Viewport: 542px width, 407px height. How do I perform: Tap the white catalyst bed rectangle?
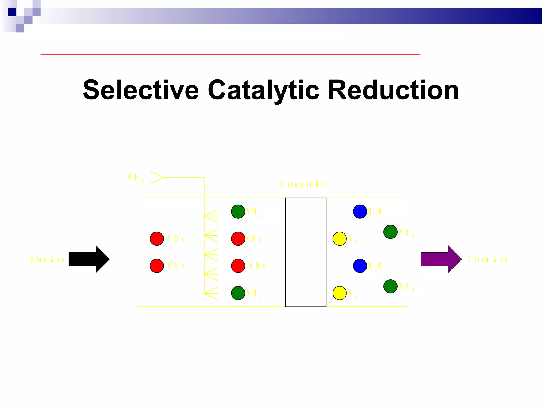pos(306,252)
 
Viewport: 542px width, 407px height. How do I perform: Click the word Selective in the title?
pos(141,90)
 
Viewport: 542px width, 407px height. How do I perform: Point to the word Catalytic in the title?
pos(263,90)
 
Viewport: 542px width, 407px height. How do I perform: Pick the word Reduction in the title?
pos(393,90)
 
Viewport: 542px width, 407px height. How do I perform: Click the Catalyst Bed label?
pos(304,184)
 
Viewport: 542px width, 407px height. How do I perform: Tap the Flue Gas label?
pos(48,259)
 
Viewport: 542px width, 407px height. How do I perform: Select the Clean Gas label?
pos(488,259)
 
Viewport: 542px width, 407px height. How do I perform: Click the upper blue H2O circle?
pos(360,211)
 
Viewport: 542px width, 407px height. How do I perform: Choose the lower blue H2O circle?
pos(360,266)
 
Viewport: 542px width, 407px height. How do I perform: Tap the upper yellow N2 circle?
pos(340,238)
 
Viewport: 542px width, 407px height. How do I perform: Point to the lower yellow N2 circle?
pos(340,293)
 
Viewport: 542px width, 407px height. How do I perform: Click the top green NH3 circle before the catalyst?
pos(238,211)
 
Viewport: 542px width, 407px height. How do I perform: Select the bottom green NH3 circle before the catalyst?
pos(238,293)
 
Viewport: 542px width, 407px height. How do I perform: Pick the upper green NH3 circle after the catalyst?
pos(390,232)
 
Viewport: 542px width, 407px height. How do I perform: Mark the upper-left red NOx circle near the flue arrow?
pos(157,238)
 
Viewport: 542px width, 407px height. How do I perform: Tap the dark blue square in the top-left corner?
pos(12,12)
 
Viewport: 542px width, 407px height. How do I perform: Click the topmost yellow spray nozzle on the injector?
pos(211,216)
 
